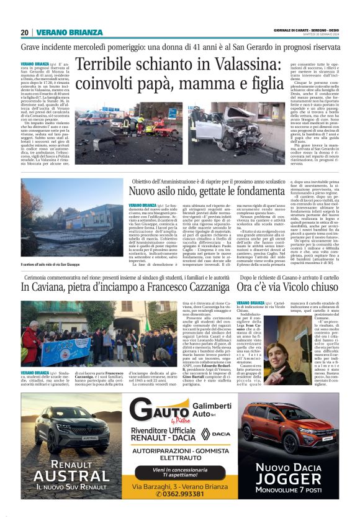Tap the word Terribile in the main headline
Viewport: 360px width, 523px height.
click(x=109, y=66)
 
